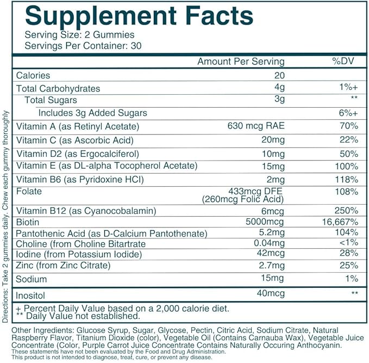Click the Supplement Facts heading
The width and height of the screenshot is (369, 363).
tap(139, 15)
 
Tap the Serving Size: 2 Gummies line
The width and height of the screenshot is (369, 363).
tap(72, 35)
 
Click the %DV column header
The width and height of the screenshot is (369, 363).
tap(343, 61)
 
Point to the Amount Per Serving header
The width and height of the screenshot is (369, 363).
tap(240, 61)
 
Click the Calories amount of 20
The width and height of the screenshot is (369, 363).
tap(279, 76)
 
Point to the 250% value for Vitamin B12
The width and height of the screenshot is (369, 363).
tap(347, 211)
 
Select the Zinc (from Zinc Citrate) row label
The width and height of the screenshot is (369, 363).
tap(64, 266)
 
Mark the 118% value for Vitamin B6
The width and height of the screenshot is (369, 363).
tap(347, 179)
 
